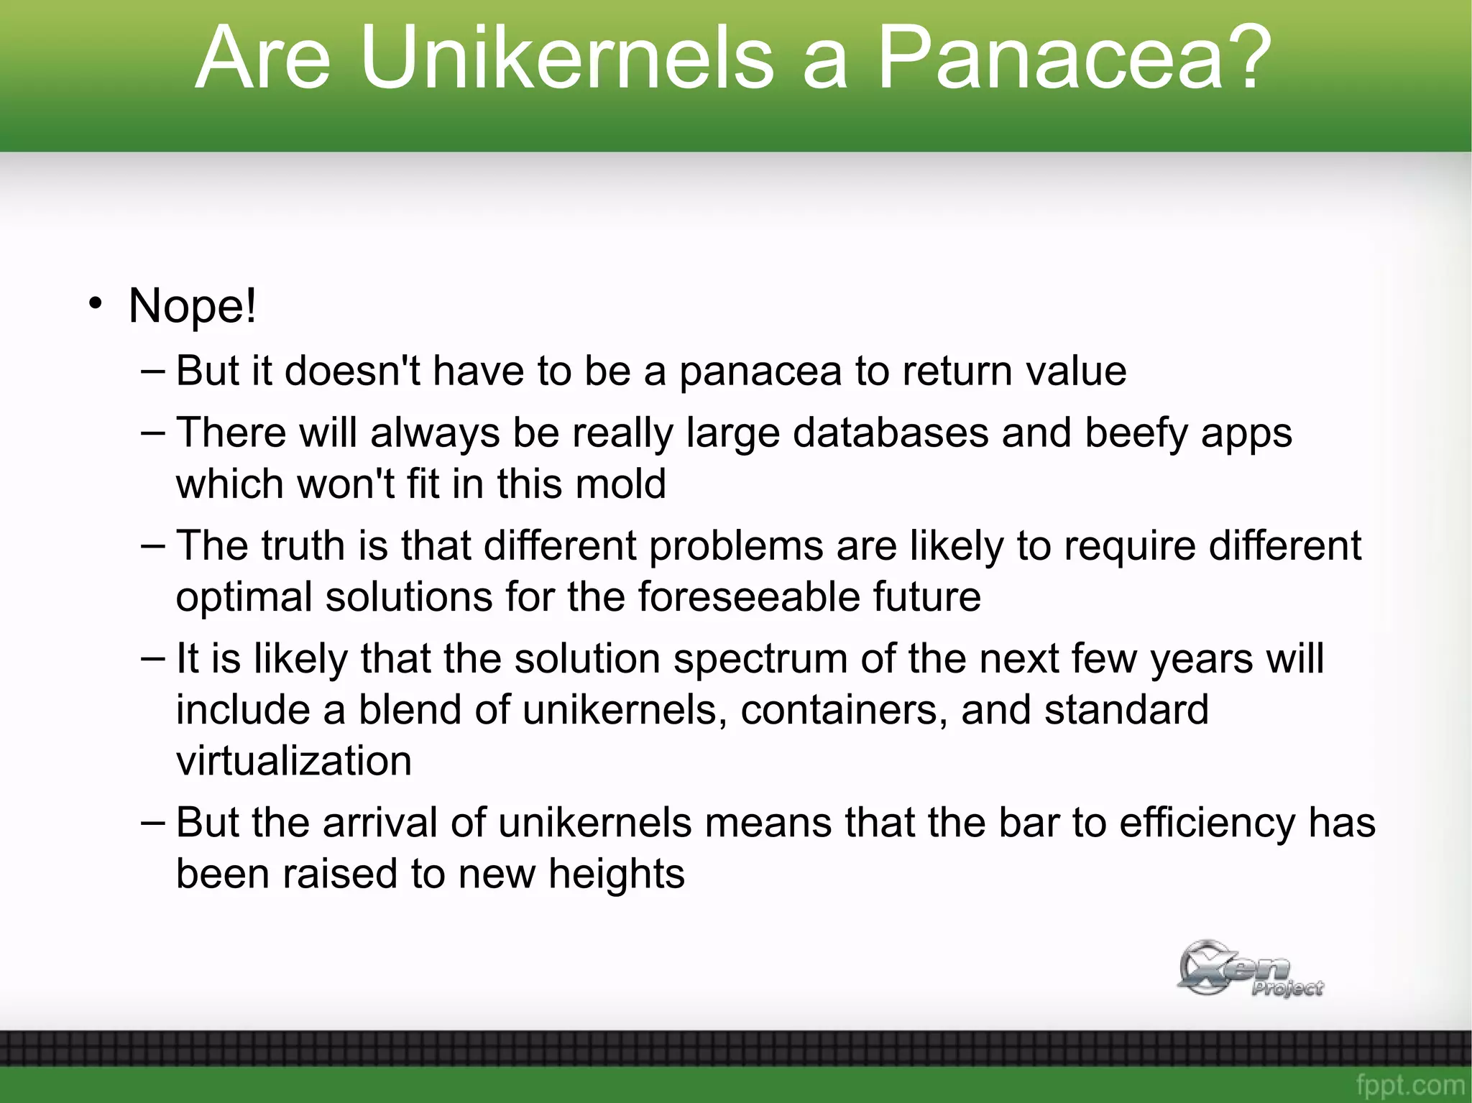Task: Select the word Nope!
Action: pyautogui.click(x=192, y=306)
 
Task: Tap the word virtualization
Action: pyautogui.click(x=294, y=761)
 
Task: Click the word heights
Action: pyautogui.click(x=616, y=874)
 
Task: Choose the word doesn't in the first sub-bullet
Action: pyautogui.click(x=352, y=371)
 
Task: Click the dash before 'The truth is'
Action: pyautogui.click(x=153, y=545)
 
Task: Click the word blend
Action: pyautogui.click(x=410, y=710)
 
